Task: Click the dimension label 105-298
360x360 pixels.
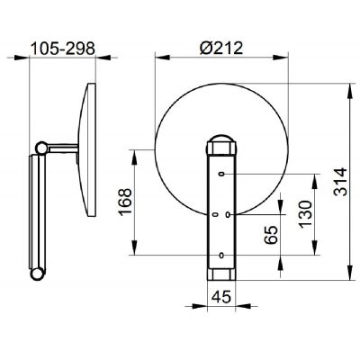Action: [x=63, y=49]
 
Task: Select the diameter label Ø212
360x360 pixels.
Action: [x=221, y=48]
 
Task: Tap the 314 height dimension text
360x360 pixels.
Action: [x=340, y=182]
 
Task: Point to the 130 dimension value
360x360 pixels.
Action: [x=305, y=214]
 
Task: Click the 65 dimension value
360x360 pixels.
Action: [x=271, y=235]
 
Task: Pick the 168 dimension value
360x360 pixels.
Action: [x=125, y=202]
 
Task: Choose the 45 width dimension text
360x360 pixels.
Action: [x=221, y=297]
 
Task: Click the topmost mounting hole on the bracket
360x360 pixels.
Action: [x=221, y=174]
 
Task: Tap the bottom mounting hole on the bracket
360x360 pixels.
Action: [x=221, y=256]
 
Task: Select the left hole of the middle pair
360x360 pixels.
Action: [x=215, y=215]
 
